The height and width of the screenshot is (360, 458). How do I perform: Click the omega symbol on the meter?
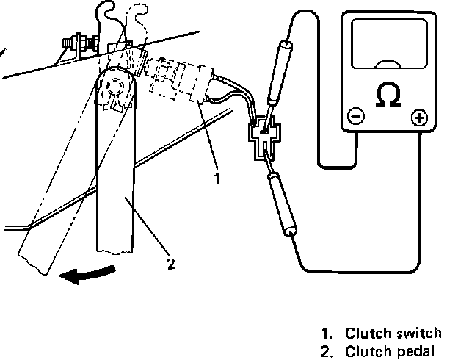(388, 95)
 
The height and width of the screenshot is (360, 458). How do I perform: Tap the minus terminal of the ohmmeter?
(355, 116)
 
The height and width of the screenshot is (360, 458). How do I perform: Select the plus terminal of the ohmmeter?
(419, 117)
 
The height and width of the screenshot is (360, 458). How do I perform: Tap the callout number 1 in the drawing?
(216, 178)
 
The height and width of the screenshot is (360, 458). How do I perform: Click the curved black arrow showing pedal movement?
(88, 275)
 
